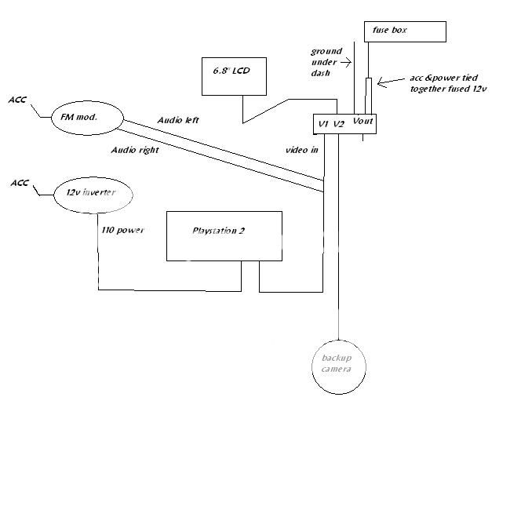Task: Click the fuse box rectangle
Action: point(405,31)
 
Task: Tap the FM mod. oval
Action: point(87,118)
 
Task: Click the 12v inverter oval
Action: point(93,193)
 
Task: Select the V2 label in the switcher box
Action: point(338,123)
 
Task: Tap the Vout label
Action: point(363,121)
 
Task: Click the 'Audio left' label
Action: point(179,120)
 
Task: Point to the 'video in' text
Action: point(302,150)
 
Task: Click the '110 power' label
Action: point(123,231)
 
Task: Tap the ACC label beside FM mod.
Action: point(18,100)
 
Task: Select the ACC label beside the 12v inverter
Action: point(20,183)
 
